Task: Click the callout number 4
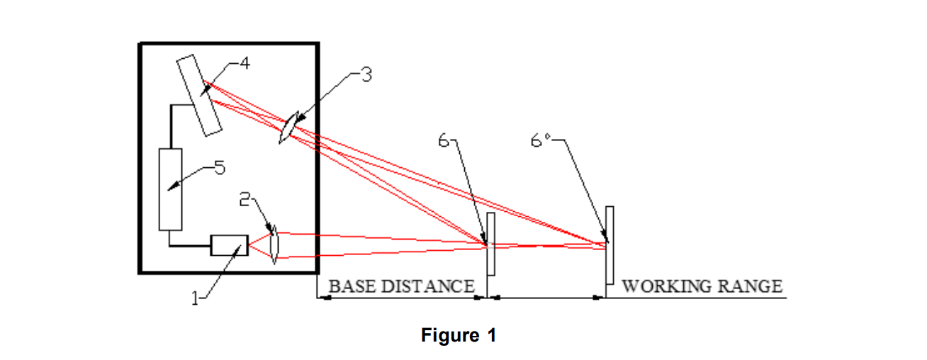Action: tap(245, 63)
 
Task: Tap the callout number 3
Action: tap(366, 75)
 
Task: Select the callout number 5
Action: tap(220, 167)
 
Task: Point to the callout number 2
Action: tap(245, 199)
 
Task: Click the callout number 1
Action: tap(195, 298)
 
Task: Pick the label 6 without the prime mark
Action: tap(444, 141)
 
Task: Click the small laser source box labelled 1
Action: tap(229, 245)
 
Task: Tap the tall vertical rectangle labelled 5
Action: tap(171, 189)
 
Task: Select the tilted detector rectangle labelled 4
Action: tap(199, 95)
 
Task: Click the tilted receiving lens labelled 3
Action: tap(289, 127)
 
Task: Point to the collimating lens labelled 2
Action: tap(274, 245)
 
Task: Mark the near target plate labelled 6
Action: tap(491, 244)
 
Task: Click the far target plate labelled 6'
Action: tap(609, 245)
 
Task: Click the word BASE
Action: tap(352, 286)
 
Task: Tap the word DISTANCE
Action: tap(428, 286)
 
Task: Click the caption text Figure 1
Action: tap(459, 334)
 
